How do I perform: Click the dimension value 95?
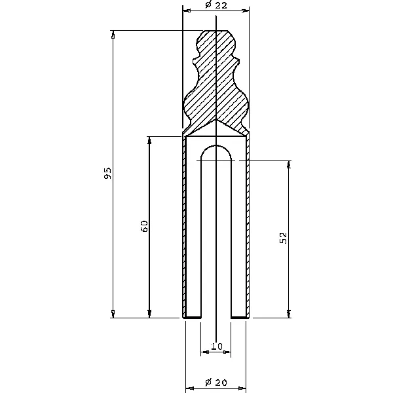click(x=107, y=173)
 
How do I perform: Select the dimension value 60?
click(x=145, y=227)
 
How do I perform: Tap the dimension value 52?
click(x=283, y=238)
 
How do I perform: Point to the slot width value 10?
click(x=217, y=346)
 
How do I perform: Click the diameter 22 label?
click(x=216, y=5)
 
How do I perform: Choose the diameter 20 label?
click(x=215, y=383)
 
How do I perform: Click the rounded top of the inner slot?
click(x=216, y=145)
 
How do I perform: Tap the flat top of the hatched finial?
click(x=216, y=31)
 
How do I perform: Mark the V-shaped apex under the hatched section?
click(x=216, y=120)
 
